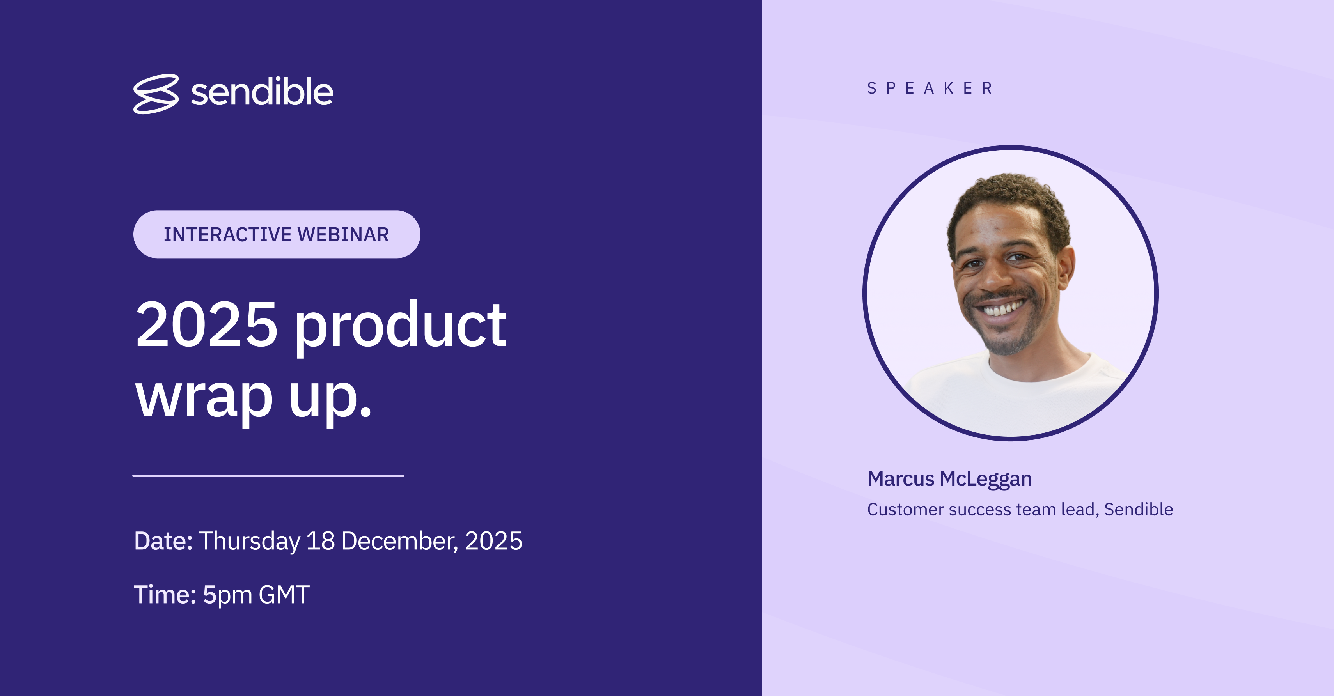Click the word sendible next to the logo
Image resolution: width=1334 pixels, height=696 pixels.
[x=262, y=92]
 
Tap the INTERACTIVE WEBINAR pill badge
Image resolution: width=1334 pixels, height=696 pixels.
[x=277, y=234]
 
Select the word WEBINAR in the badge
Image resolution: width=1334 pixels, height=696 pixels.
[x=343, y=235]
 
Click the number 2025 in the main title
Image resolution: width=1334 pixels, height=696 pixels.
[x=206, y=325]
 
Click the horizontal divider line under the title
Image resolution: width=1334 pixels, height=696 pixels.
[x=268, y=475]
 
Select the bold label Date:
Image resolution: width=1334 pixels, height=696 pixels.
[x=163, y=541]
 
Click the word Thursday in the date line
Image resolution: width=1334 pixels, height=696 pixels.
[x=250, y=541]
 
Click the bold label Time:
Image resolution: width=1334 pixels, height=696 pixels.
[x=165, y=595]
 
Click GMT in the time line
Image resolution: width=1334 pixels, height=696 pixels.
[x=284, y=595]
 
